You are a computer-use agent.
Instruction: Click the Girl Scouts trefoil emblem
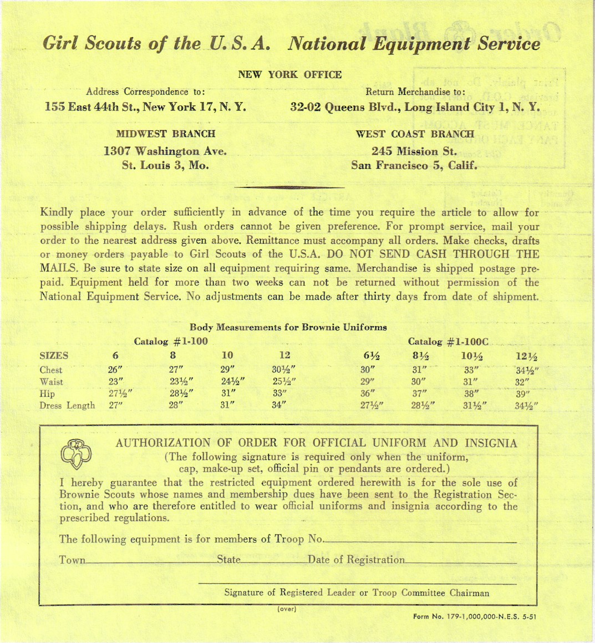tap(75, 454)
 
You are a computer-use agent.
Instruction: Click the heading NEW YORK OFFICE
tap(289, 74)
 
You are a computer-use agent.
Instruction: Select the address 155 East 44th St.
tap(145, 106)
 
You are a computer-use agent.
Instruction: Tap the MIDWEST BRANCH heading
tap(166, 134)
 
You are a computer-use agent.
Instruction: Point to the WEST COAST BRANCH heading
tap(415, 134)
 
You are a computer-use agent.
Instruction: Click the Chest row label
tap(51, 370)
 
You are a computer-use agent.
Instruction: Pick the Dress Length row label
tap(67, 406)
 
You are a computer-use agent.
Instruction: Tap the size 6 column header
tap(115, 356)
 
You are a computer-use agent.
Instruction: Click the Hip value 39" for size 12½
tap(523, 394)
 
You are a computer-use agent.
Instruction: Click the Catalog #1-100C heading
tap(448, 341)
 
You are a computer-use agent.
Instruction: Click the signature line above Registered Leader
tap(357, 583)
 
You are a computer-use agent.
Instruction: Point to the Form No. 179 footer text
tap(475, 616)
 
